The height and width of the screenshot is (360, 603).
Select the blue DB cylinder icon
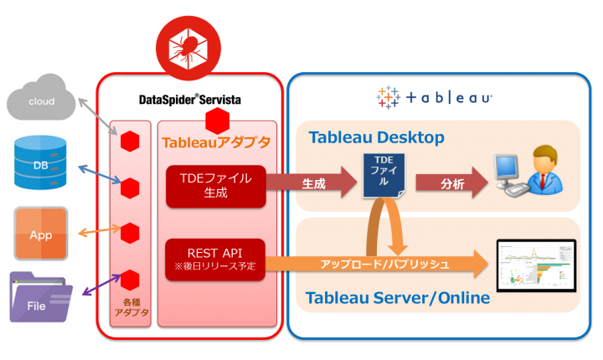39,165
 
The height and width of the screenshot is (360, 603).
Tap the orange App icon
40,234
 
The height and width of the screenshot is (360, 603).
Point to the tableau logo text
435,97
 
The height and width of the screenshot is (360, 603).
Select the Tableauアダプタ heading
216,142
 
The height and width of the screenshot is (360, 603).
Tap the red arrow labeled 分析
451,182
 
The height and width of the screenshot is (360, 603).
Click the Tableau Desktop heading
376,137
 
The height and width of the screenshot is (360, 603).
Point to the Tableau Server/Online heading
397,298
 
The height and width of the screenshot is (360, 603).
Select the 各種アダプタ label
129,308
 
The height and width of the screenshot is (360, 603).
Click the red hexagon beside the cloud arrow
129,141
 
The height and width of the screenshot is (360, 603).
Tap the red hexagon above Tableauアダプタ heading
217,119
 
